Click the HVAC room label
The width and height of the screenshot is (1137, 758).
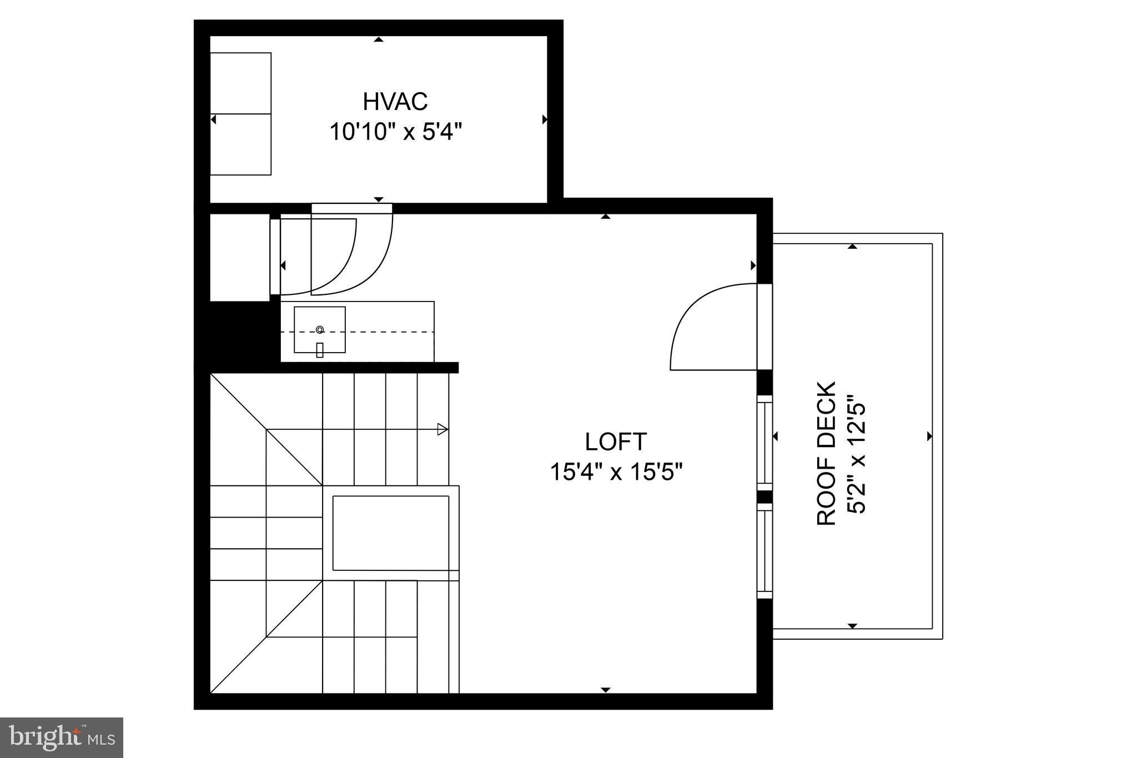coord(395,102)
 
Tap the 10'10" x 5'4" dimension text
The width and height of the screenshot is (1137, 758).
coord(396,133)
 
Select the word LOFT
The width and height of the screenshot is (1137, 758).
coord(616,442)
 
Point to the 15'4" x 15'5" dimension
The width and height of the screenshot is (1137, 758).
coord(616,473)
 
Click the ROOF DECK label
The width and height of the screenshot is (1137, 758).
coord(827,453)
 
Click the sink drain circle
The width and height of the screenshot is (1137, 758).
coord(320,330)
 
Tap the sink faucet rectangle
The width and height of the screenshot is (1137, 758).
coord(320,350)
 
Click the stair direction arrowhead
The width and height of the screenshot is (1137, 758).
coord(442,429)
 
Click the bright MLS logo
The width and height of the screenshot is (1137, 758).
coord(62,737)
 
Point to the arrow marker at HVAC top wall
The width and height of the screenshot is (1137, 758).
coord(379,39)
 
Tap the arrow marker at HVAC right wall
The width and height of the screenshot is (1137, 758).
coord(545,119)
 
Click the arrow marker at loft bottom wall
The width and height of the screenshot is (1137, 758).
coord(606,690)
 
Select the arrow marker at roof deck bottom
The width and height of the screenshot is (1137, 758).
coord(853,626)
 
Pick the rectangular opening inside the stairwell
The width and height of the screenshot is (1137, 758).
coord(390,533)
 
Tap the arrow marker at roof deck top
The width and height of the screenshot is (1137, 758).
coord(853,246)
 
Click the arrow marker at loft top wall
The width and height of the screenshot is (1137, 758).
coord(606,216)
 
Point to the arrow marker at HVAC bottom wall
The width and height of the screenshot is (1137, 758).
coord(379,199)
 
